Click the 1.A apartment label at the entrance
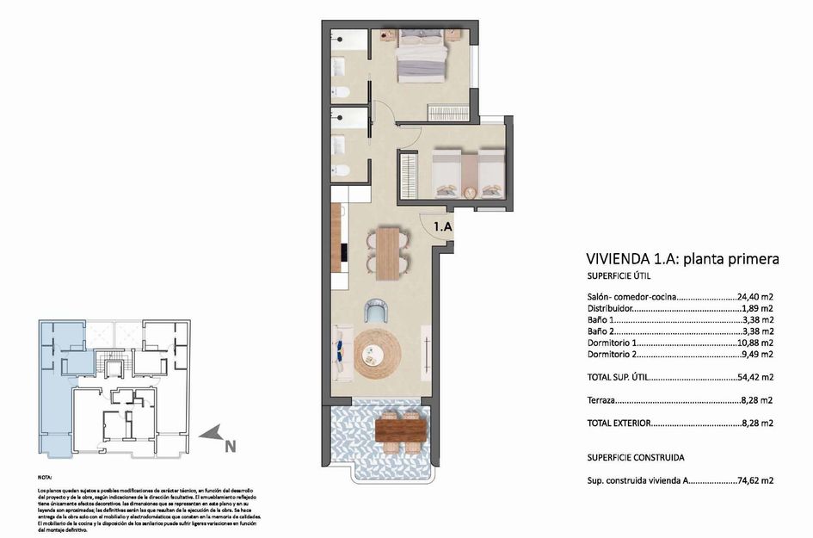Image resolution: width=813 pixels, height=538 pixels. click(442, 227)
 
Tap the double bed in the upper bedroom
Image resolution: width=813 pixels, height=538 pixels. click(422, 57)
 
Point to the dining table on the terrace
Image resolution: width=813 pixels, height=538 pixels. click(401, 428)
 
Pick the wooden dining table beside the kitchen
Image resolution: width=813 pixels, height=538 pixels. click(389, 252)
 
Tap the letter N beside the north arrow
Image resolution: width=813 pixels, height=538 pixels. click(230, 446)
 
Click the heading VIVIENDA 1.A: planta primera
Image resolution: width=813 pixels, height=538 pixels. click(682, 258)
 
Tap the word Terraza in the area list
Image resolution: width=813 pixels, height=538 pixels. click(601, 400)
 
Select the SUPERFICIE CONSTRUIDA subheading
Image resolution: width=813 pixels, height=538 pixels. click(636, 458)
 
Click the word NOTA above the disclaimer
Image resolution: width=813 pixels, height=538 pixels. click(46, 476)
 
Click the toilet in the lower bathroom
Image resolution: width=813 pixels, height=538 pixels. click(342, 170)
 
